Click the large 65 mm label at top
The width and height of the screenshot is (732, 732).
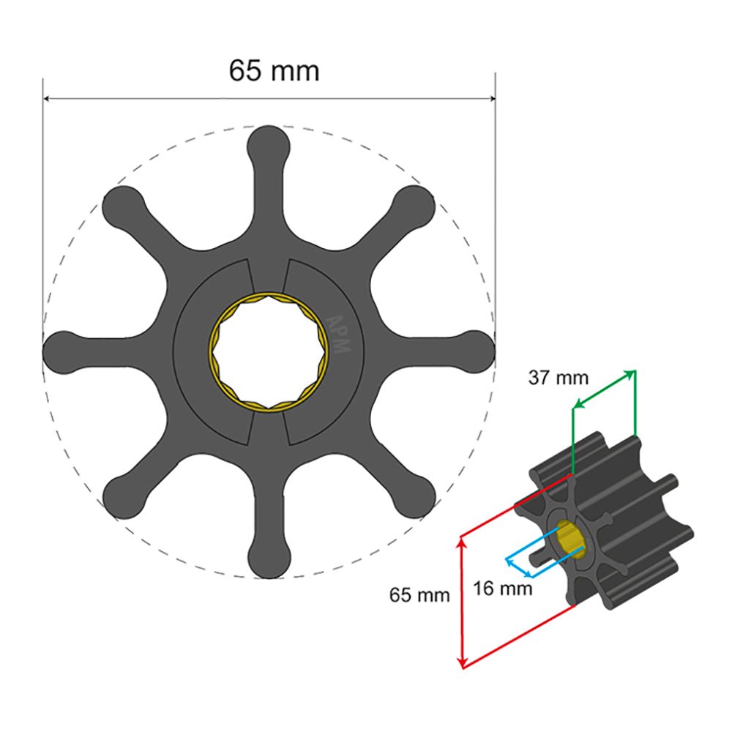(274, 71)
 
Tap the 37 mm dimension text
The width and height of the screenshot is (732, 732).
(559, 378)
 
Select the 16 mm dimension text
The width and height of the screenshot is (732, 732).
(502, 588)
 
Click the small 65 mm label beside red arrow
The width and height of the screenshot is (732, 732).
(419, 594)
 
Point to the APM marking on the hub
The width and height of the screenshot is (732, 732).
(337, 335)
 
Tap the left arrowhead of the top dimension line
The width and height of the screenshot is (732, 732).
(47, 98)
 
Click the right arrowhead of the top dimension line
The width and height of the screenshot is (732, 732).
(492, 98)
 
